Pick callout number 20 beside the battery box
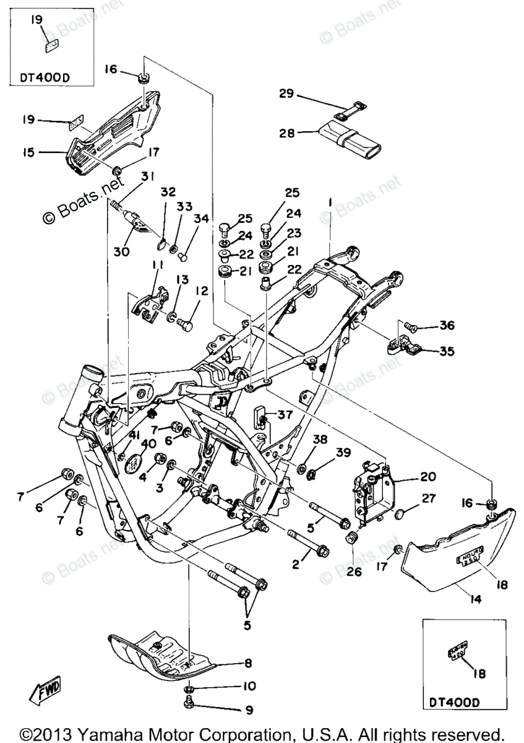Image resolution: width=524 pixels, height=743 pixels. (427, 477)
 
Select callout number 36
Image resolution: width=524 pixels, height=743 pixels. (447, 326)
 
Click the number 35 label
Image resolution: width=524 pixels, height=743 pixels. (447, 351)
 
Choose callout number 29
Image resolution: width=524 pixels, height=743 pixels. (285, 94)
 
